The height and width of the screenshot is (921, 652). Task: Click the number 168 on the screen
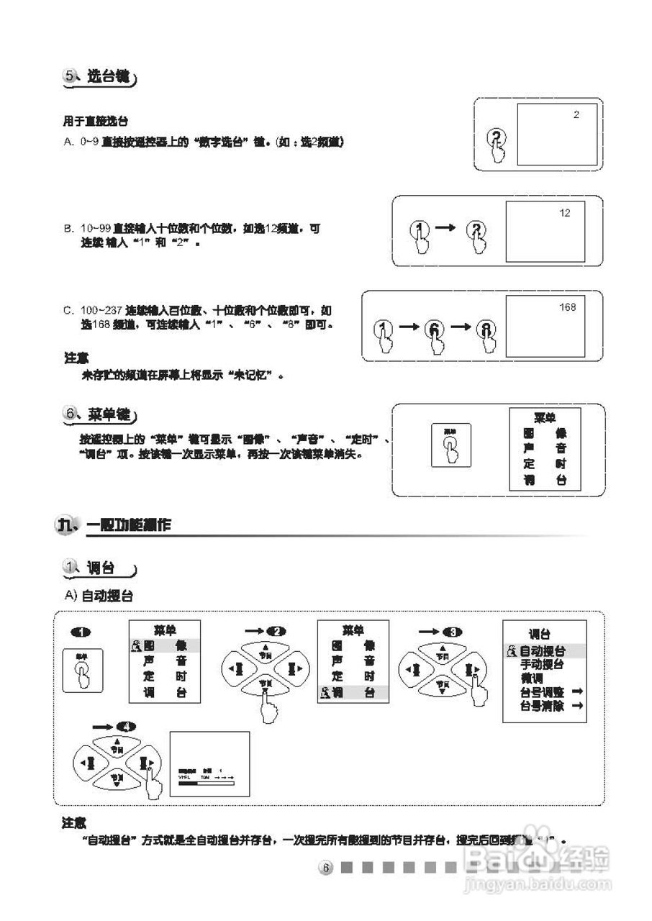(x=568, y=308)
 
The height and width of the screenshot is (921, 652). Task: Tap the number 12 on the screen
(x=564, y=213)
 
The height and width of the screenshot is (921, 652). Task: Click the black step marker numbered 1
(x=82, y=632)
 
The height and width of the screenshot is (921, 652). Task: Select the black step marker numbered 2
(x=276, y=631)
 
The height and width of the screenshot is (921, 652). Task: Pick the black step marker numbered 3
(x=452, y=631)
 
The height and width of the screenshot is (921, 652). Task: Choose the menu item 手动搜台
(x=542, y=665)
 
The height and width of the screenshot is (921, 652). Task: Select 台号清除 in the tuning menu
(x=542, y=706)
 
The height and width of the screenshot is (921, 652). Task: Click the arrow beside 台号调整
(x=576, y=691)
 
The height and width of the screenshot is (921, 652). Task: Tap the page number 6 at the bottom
(x=325, y=868)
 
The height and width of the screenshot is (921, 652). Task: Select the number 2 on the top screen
(x=576, y=114)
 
